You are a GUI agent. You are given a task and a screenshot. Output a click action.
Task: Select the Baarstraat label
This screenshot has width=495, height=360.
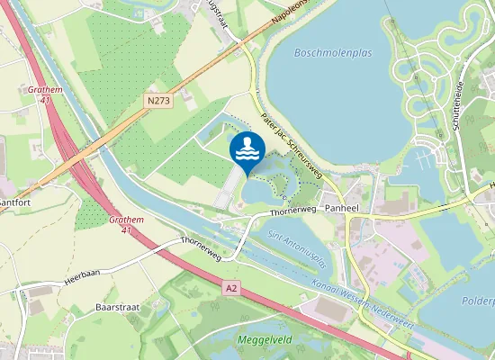pyautogui.click(x=114, y=308)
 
